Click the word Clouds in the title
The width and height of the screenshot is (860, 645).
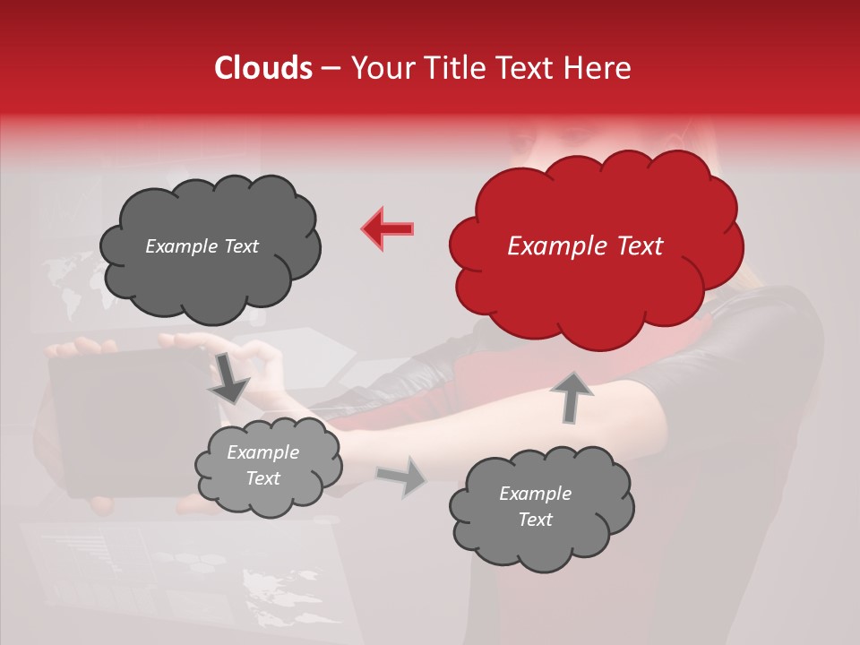coord(263,68)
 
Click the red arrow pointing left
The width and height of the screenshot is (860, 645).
coord(387,228)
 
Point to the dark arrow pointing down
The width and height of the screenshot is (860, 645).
coord(229,378)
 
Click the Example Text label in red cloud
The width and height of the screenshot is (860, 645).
coord(585,246)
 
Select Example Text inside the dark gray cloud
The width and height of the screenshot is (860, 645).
coord(202,246)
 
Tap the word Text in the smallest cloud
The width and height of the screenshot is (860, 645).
coord(262,478)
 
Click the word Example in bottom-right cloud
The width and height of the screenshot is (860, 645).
coord(535,494)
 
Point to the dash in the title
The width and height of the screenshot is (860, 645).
coord(330,68)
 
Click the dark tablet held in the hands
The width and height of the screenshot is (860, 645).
coord(125,421)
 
